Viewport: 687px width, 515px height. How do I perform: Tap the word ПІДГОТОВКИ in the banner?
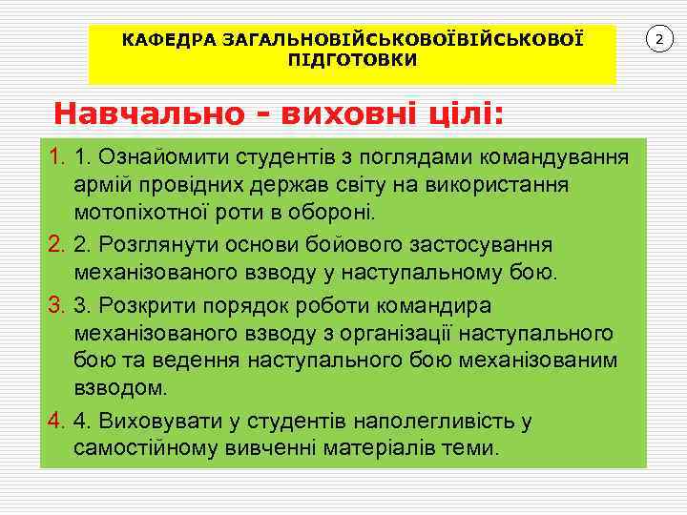352,59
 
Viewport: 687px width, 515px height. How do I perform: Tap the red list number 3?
55,307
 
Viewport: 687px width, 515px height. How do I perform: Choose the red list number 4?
55,421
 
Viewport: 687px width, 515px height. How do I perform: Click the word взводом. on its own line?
120,388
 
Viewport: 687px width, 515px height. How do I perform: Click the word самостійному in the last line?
143,447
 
